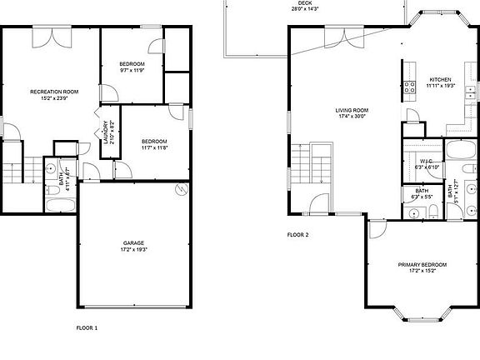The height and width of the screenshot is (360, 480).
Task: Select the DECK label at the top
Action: click(x=306, y=3)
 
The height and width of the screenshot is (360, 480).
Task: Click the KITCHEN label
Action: click(x=440, y=79)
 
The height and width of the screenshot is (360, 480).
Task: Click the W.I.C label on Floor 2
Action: click(x=426, y=161)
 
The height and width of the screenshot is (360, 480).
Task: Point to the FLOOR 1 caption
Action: click(x=87, y=327)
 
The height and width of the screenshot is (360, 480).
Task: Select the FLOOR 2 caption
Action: click(x=297, y=235)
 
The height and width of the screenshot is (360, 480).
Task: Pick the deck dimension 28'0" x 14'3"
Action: click(x=306, y=9)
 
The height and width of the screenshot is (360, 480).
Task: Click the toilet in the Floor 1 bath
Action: click(x=48, y=190)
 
